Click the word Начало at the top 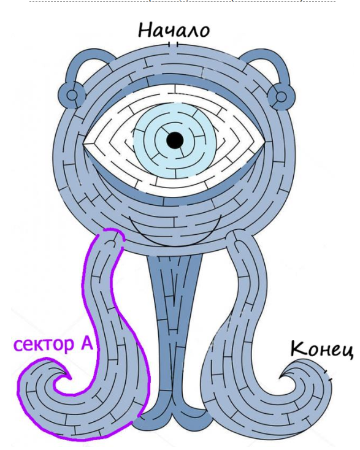tap(174, 30)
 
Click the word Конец tap(321, 348)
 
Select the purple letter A tap(86, 343)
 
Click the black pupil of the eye tap(175, 140)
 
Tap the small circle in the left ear tap(72, 94)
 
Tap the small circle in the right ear tap(281, 97)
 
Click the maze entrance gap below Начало tap(173, 45)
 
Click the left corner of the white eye tap(83, 143)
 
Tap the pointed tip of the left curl tap(70, 378)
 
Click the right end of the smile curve tap(221, 216)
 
